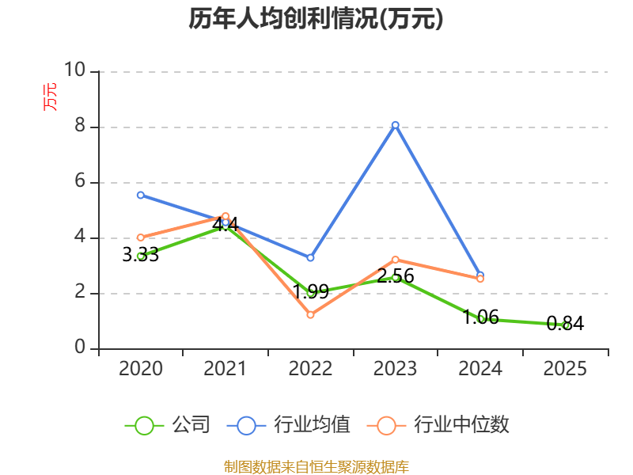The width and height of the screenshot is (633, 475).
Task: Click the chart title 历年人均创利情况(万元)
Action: (x=316, y=18)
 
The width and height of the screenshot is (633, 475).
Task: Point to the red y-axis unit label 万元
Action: (x=50, y=97)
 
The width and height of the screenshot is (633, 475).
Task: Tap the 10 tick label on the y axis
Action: (x=75, y=70)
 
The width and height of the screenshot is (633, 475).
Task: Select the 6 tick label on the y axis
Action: (x=81, y=181)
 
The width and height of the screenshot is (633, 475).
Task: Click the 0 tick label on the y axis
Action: (x=81, y=347)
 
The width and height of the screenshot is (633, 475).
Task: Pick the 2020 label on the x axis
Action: (x=141, y=368)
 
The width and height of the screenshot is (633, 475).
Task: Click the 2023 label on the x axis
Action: (x=395, y=368)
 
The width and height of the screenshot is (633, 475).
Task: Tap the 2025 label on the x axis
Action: (x=565, y=368)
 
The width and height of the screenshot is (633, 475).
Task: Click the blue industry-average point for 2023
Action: (x=395, y=125)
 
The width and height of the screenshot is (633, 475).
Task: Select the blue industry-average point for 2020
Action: (x=141, y=195)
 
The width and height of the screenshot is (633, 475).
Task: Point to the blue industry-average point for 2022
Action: (x=310, y=258)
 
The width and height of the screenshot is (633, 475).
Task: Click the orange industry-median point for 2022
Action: (x=310, y=314)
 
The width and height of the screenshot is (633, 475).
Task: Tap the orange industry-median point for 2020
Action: (x=141, y=237)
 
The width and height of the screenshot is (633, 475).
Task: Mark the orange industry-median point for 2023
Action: (x=395, y=260)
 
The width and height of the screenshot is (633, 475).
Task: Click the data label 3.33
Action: (x=141, y=255)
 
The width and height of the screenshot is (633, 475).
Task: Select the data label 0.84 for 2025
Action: (x=565, y=324)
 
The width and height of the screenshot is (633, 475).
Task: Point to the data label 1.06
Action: (x=480, y=317)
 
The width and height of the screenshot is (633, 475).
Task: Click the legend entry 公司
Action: (x=168, y=425)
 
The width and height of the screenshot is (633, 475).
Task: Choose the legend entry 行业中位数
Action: (x=438, y=425)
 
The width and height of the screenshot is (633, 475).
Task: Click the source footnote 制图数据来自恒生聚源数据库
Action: (x=316, y=467)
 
